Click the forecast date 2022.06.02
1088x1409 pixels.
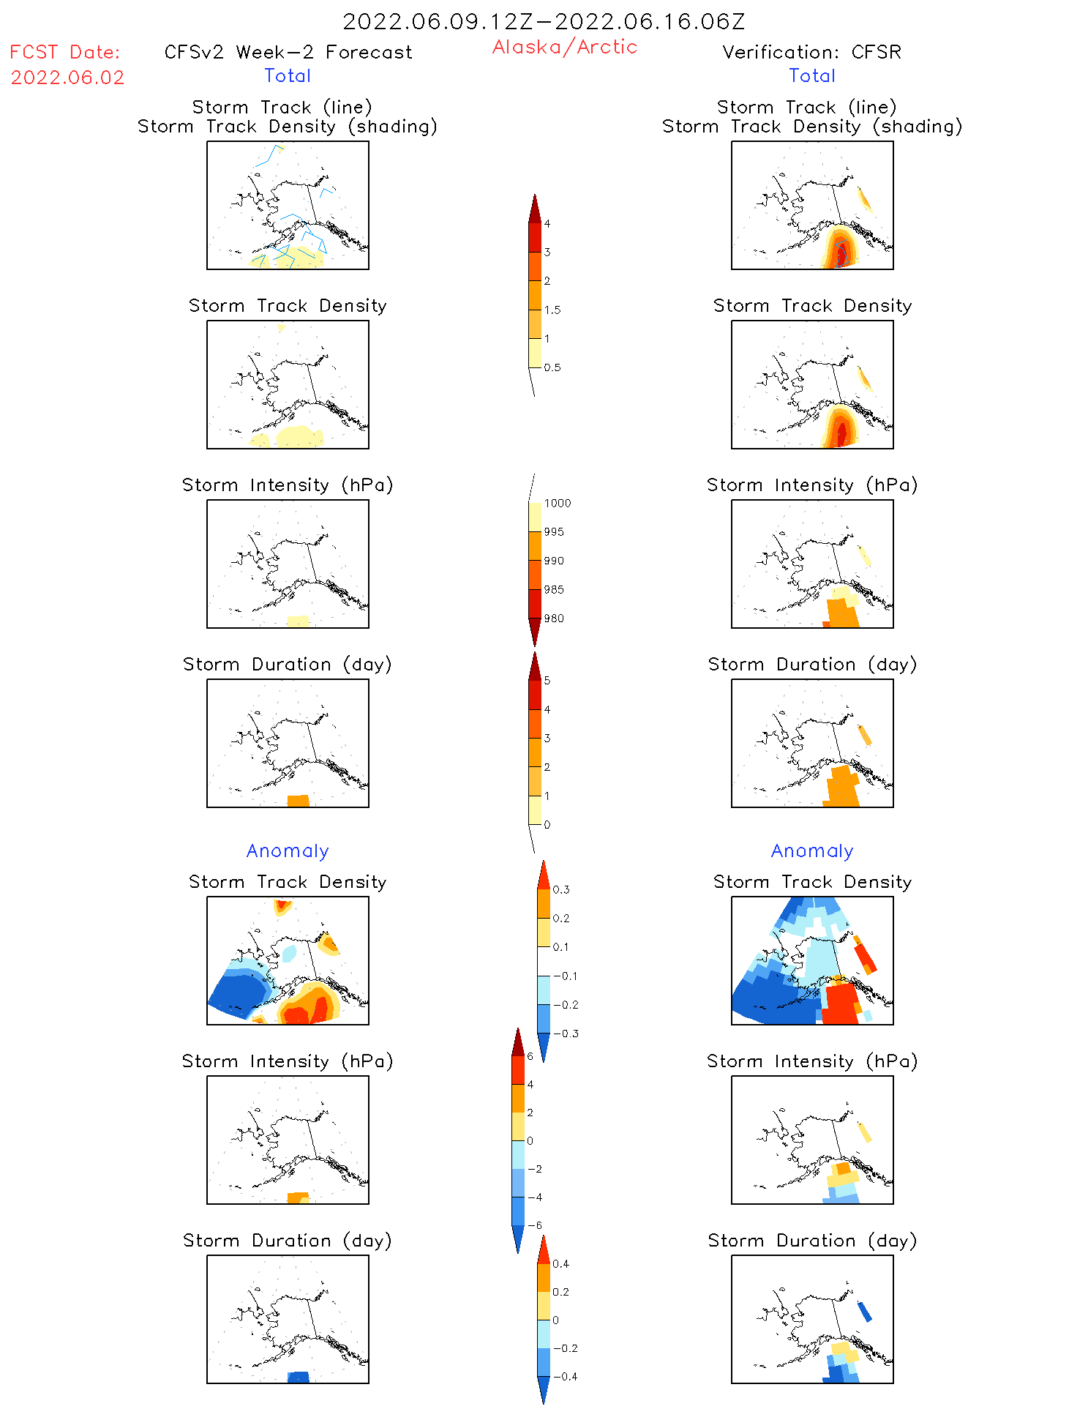(67, 78)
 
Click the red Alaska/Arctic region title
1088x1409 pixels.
(564, 47)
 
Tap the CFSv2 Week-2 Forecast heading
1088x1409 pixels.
(288, 52)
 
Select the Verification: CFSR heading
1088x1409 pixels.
(811, 52)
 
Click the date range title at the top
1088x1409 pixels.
(544, 21)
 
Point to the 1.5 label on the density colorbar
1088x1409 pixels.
(552, 310)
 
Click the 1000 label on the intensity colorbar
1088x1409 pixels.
(557, 504)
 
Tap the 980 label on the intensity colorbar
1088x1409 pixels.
(554, 618)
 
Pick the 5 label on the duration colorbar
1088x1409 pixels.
(547, 681)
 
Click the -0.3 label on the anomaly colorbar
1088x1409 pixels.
(566, 1034)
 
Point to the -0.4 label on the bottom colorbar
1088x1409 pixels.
(565, 1376)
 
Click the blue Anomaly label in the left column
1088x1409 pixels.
(288, 851)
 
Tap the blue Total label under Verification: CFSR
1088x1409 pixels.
(811, 75)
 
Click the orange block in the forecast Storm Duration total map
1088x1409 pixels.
(298, 801)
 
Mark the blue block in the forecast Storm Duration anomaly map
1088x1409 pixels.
(299, 1377)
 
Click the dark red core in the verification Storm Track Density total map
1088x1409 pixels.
(841, 433)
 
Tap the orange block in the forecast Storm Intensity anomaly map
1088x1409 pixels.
(296, 1197)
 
